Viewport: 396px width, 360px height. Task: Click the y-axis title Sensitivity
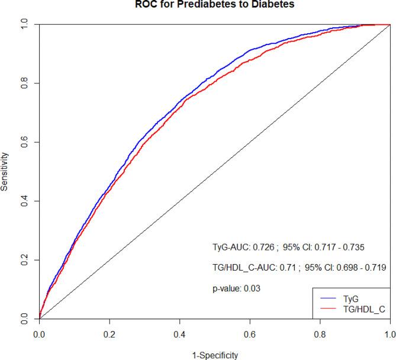pyautogui.click(x=5, y=172)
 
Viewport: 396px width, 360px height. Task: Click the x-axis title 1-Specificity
pyautogui.click(x=214, y=355)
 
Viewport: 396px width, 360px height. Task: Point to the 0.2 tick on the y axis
pyautogui.click(x=24, y=260)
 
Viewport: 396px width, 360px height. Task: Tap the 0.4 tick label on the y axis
pyautogui.click(x=24, y=201)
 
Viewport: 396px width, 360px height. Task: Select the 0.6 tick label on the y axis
pyautogui.click(x=24, y=142)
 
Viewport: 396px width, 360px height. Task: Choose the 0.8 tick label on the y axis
pyautogui.click(x=24, y=83)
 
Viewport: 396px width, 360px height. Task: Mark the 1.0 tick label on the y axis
pyautogui.click(x=24, y=25)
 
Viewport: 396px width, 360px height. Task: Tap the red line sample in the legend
pyautogui.click(x=329, y=310)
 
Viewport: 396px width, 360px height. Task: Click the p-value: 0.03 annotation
pyautogui.click(x=237, y=288)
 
